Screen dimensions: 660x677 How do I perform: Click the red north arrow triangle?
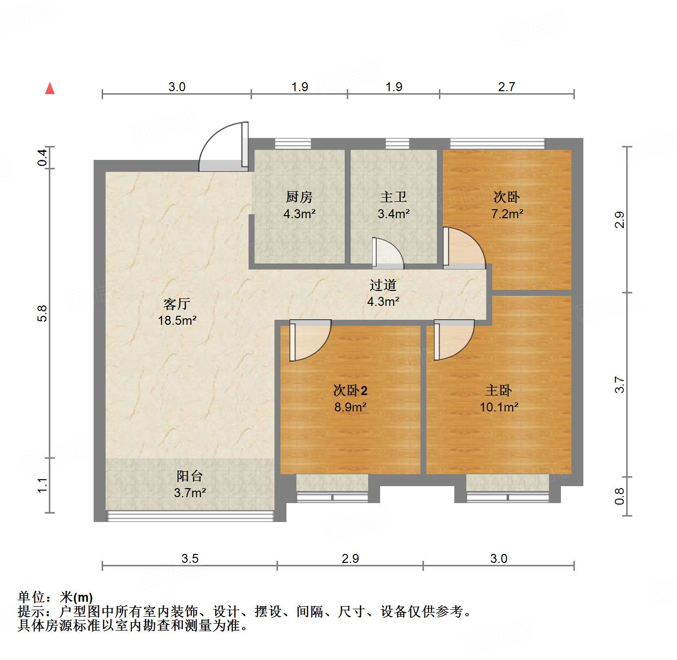click(50, 89)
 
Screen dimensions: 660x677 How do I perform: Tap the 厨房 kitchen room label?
click(299, 197)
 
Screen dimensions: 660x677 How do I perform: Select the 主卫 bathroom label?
click(394, 197)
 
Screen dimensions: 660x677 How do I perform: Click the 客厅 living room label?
click(177, 304)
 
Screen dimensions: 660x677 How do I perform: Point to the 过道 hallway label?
click(383, 285)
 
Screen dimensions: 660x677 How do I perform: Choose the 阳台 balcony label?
click(190, 476)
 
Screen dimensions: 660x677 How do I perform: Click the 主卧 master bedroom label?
click(499, 391)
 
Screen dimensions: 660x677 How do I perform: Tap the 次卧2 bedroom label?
click(350, 391)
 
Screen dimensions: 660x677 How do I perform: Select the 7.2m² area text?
click(507, 214)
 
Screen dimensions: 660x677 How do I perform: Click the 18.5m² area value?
click(177, 321)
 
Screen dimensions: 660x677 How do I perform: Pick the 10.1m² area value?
click(499, 407)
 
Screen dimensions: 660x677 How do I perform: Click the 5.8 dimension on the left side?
click(42, 313)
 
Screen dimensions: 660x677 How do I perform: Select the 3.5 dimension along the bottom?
click(190, 558)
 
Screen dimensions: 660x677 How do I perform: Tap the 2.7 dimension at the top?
click(507, 87)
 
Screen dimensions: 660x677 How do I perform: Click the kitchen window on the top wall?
click(293, 144)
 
